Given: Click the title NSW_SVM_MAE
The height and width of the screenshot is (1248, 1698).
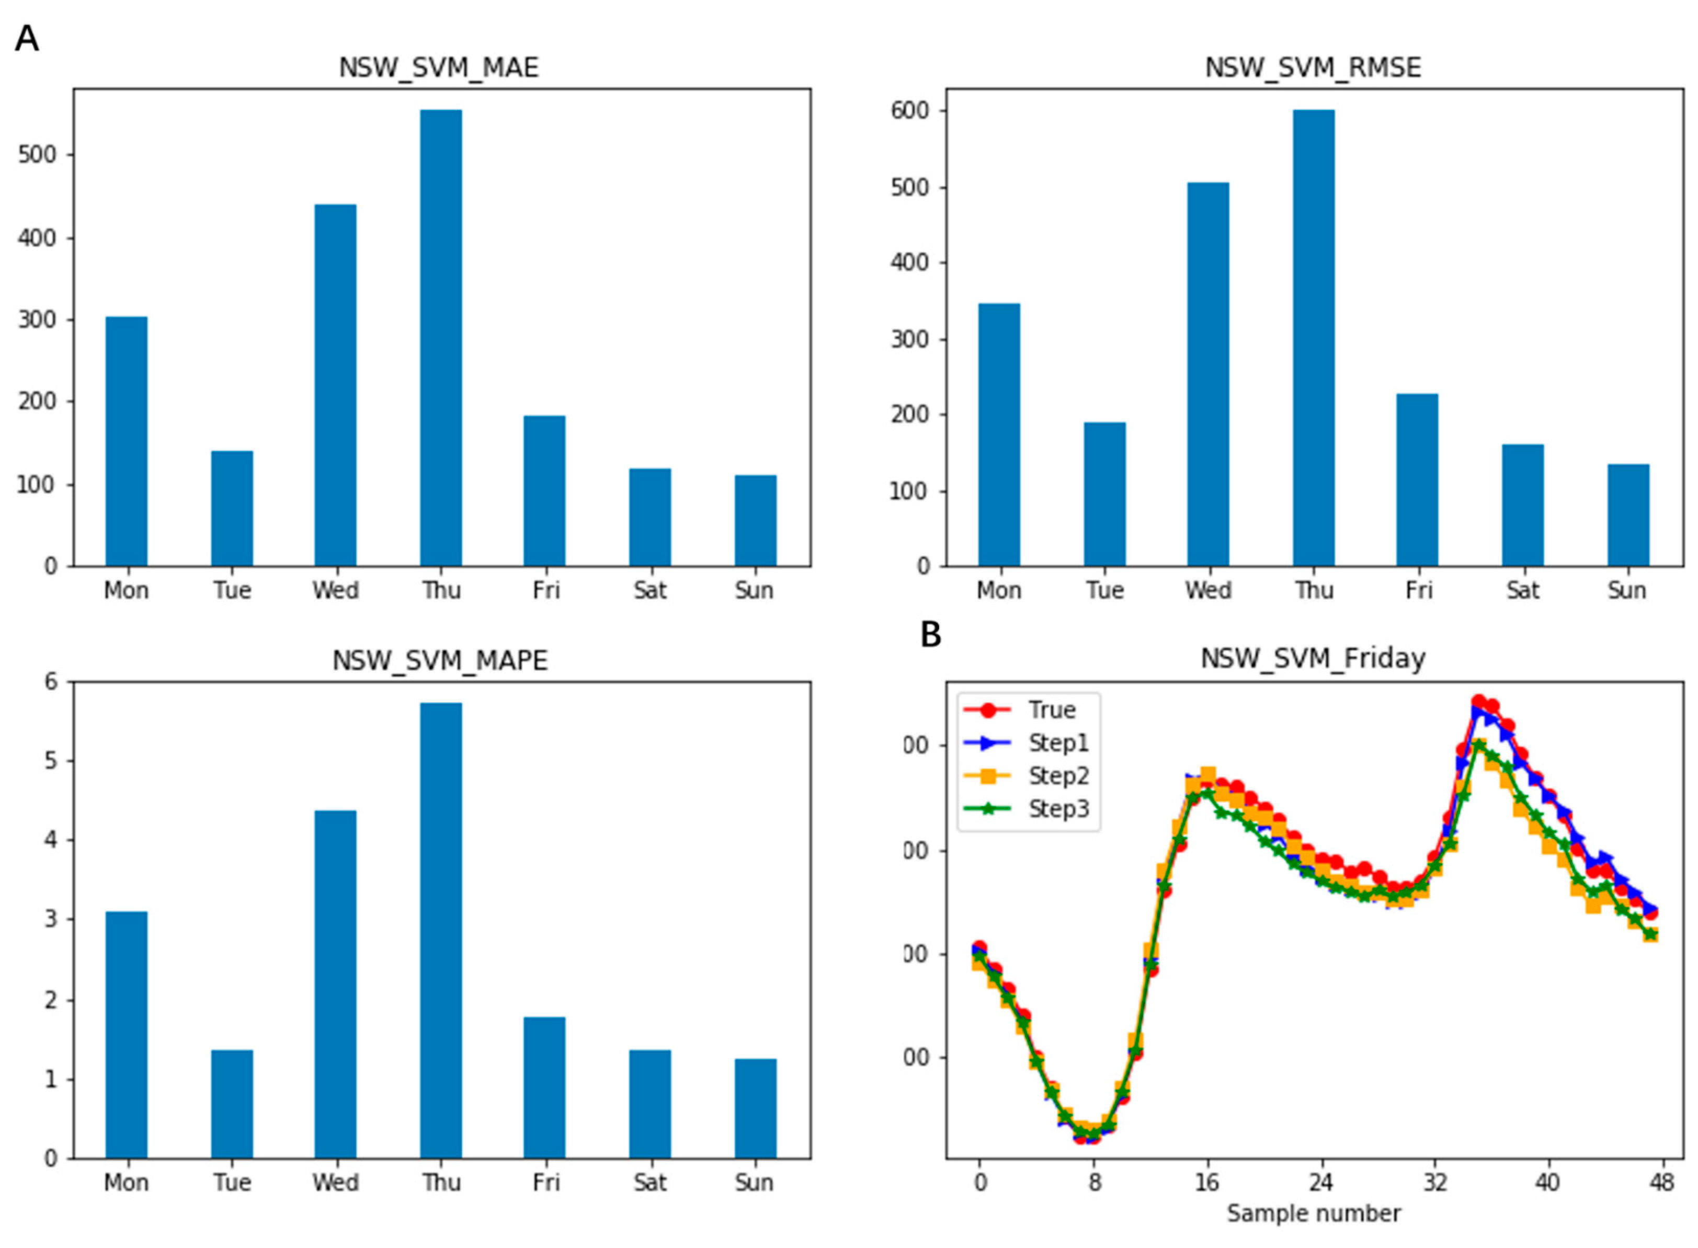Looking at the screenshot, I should (438, 68).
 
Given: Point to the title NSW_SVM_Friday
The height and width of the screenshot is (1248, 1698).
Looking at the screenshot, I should (1313, 658).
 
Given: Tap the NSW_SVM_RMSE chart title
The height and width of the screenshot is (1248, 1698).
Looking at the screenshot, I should (1313, 68).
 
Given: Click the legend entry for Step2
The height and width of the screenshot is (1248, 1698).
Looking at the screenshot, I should (1058, 776).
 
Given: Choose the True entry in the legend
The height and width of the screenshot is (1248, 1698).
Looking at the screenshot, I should (1051, 709).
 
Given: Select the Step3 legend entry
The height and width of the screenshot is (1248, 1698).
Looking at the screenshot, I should (1058, 809).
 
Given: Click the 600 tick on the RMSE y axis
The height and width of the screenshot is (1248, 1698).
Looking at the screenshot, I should (910, 110).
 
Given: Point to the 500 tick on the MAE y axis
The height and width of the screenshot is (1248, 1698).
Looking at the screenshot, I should (37, 155).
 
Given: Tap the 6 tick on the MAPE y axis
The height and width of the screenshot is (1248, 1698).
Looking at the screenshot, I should (51, 682).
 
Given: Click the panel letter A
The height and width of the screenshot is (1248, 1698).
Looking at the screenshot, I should (27, 38).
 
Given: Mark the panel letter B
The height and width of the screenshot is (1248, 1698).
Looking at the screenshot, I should (930, 635).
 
